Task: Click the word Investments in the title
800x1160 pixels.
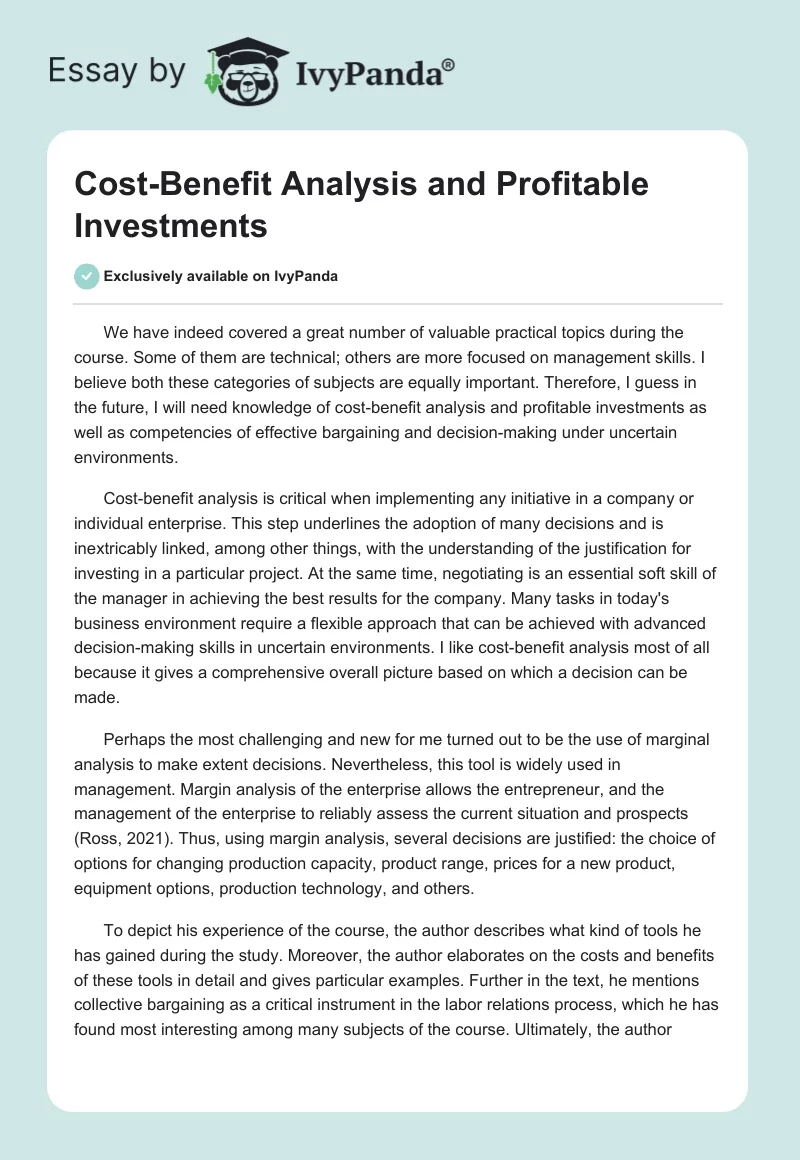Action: point(170,225)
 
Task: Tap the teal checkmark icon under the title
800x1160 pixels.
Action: point(87,276)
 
